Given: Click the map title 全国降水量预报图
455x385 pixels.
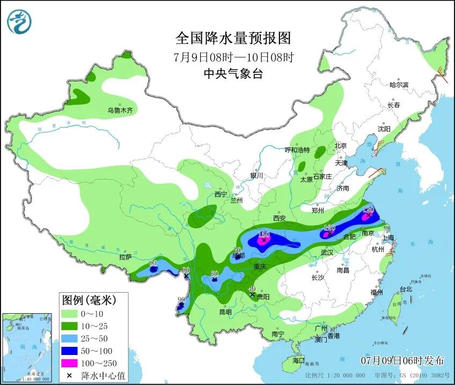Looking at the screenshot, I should coord(233,38).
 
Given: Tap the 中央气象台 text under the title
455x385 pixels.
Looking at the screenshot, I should coord(233,74).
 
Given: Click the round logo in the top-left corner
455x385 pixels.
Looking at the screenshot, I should coord(19,22).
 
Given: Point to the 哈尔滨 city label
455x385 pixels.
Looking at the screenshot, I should coord(399,85).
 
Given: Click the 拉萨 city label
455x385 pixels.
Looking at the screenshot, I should coord(125,257).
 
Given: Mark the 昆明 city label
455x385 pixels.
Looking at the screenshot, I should coord(225,312).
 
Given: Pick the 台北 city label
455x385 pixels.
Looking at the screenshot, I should coord(406,289).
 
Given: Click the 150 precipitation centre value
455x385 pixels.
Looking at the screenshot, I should coord(263,234).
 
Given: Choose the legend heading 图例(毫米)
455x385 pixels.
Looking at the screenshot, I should coord(88,298).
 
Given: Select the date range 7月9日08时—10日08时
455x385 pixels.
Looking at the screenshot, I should coord(233,57).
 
